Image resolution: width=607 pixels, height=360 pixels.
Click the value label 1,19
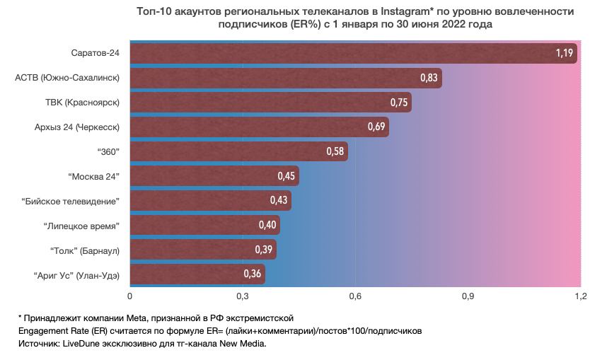[x=564, y=54]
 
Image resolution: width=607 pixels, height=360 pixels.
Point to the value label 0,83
[x=429, y=78]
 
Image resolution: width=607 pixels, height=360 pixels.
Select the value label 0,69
[x=376, y=127]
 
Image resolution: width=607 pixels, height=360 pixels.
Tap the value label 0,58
[x=335, y=151]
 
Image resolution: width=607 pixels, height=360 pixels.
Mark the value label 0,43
[x=279, y=200]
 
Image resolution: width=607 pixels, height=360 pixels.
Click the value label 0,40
[x=267, y=225]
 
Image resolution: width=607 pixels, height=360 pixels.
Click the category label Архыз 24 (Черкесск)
[x=74, y=127]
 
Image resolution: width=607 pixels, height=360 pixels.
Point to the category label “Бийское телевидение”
[x=71, y=201]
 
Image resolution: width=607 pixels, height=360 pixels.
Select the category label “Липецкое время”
[x=81, y=225]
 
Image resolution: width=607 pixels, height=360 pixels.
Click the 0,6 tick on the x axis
[x=355, y=296]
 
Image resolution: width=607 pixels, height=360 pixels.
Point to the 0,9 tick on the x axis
[x=468, y=296]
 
